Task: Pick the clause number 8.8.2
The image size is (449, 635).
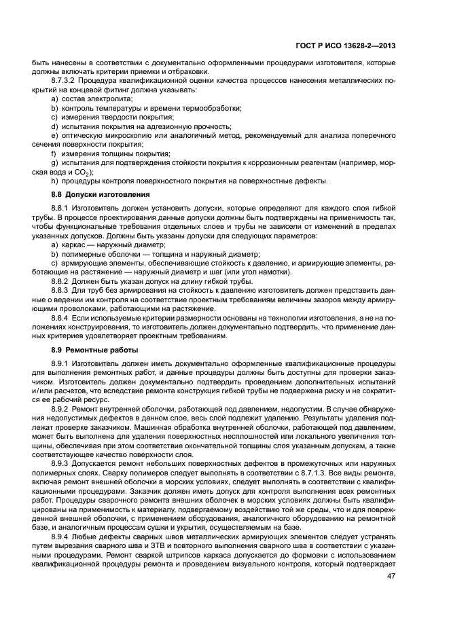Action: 62,281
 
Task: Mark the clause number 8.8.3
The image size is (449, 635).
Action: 62,291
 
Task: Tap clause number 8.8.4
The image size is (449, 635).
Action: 62,317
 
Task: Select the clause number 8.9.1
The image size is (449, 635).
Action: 62,363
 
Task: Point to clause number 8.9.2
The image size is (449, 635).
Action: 62,408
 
